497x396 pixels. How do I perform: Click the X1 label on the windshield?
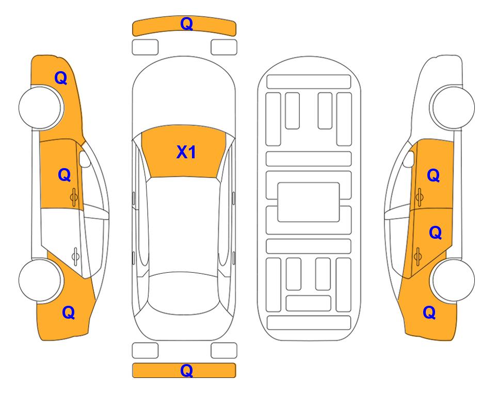tap(186, 152)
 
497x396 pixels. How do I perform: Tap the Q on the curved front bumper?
tap(186, 24)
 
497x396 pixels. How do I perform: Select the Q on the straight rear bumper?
tap(186, 370)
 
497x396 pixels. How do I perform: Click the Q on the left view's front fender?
tap(61, 78)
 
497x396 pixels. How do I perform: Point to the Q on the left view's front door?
tap(65, 175)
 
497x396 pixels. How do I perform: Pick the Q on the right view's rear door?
tap(435, 233)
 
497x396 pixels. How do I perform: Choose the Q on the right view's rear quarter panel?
tap(429, 312)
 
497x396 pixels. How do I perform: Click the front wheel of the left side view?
tap(40, 108)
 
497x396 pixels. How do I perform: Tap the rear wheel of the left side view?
tap(40, 280)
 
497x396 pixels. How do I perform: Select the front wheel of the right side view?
tap(453, 107)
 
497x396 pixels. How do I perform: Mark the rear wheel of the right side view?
tap(453, 280)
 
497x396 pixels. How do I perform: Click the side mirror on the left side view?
tap(85, 159)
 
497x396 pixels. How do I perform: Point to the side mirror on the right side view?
tap(408, 159)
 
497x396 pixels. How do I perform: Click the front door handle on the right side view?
tap(419, 197)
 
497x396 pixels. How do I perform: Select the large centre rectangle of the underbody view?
tap(309, 202)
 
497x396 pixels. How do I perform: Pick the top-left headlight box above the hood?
tap(145, 47)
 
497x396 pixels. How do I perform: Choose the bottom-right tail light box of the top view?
tap(224, 351)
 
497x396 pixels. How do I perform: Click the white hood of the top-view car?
tap(184, 92)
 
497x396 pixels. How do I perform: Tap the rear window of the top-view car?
tap(184, 293)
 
